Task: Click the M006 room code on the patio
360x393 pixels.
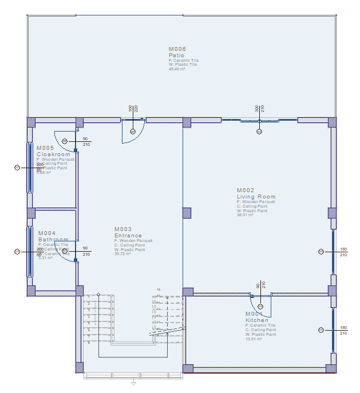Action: (x=177, y=49)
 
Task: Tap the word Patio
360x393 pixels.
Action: (x=176, y=55)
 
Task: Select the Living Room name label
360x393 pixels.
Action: (x=256, y=197)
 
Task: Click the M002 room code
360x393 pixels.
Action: (x=246, y=190)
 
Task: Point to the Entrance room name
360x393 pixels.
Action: (x=128, y=236)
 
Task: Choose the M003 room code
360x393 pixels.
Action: (x=123, y=229)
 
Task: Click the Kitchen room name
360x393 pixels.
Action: (x=256, y=320)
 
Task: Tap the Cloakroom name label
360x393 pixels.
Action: (x=53, y=154)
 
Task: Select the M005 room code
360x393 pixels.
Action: (x=45, y=148)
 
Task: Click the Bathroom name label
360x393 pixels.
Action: (x=53, y=240)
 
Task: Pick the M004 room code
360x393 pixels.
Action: (x=47, y=233)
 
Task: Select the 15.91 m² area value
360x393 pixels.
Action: (x=254, y=339)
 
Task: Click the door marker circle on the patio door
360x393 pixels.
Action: (x=133, y=132)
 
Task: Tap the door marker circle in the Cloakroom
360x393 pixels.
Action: (x=65, y=141)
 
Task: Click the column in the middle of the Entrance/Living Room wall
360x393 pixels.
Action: (x=187, y=213)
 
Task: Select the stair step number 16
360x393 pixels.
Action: (x=159, y=290)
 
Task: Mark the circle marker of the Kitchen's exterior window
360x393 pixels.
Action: (x=321, y=330)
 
